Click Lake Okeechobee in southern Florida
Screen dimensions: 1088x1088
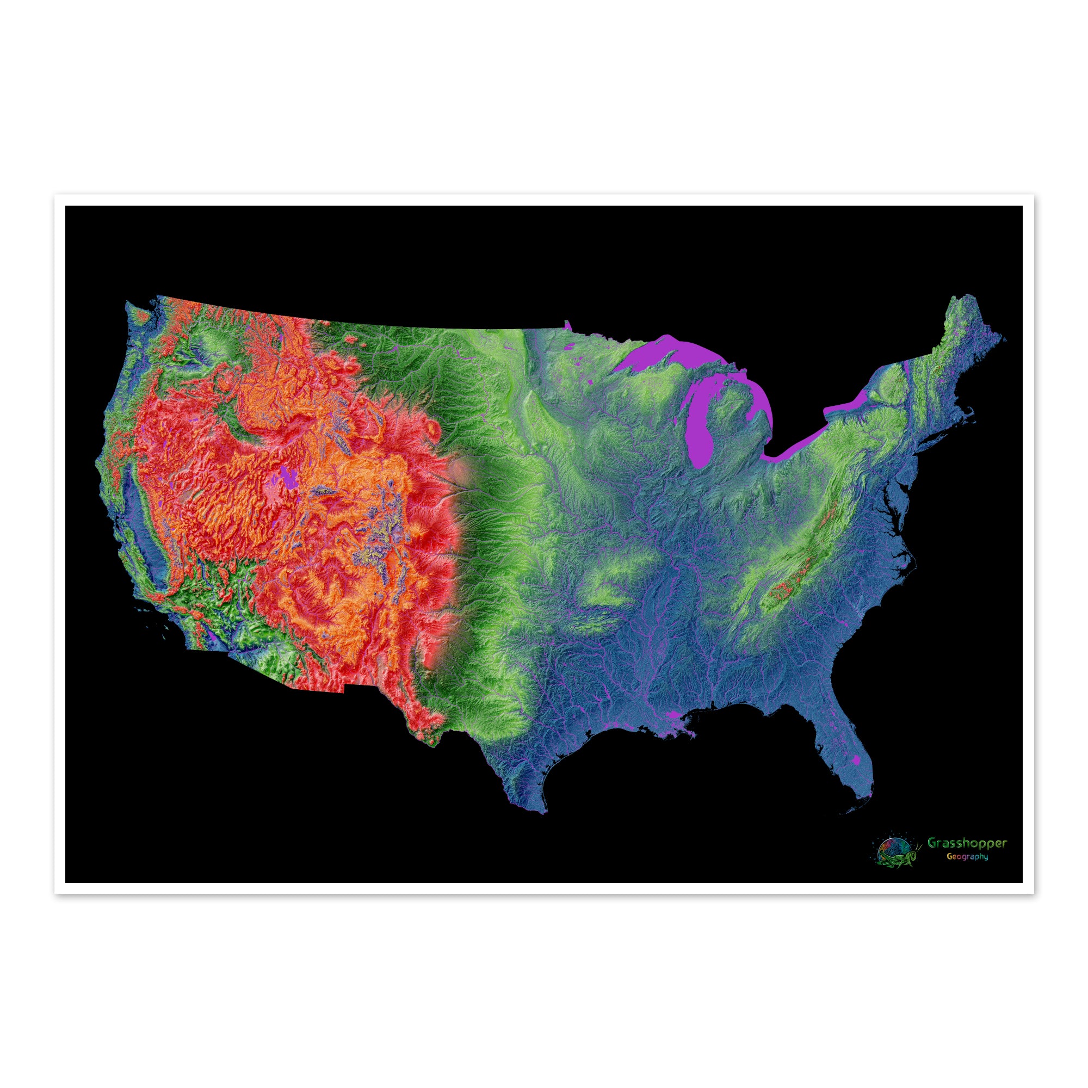point(857,761)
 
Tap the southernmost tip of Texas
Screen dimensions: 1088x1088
point(543,811)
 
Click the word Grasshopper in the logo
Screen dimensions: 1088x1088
point(967,859)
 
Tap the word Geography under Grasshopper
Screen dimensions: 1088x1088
point(967,873)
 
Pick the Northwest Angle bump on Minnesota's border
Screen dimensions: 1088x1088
point(567,325)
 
